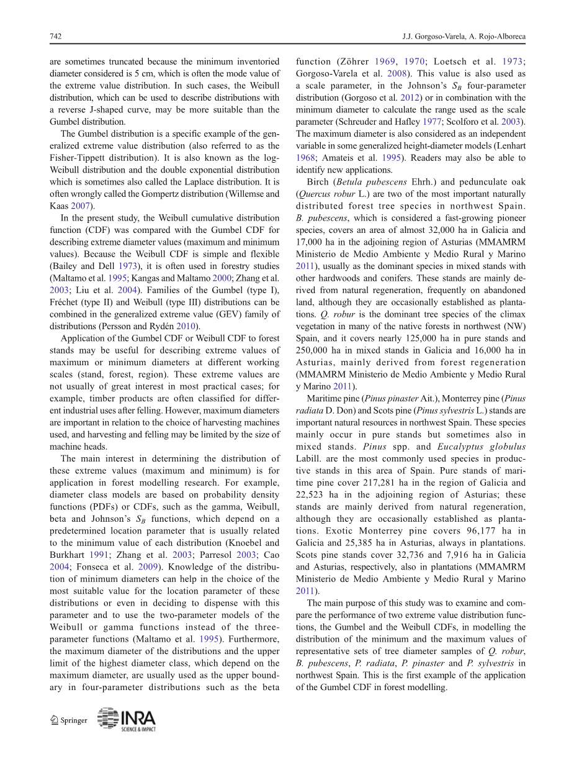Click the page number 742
(x=55, y=37)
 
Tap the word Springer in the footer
(x=74, y=721)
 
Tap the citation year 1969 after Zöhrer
(x=385, y=61)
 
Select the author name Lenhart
(x=511, y=146)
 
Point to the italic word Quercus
(x=316, y=194)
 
